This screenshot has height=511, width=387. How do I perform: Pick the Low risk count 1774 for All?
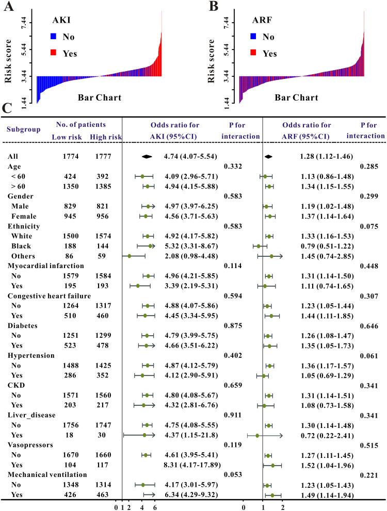point(64,156)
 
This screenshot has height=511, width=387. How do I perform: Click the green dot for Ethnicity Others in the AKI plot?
point(130,256)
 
